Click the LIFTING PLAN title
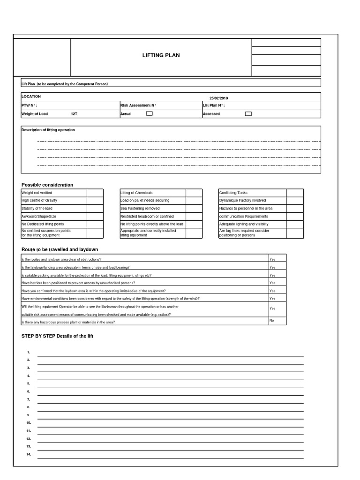[161, 55]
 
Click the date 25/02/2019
[219, 98]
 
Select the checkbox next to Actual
[149, 113]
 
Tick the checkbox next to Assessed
[248, 113]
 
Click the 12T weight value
[74, 114]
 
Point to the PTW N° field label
[30, 106]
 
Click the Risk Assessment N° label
[138, 106]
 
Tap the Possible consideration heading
[47, 185]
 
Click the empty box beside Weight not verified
[95, 193]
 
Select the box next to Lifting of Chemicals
[194, 193]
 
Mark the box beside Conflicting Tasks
[294, 193]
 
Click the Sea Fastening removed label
[140, 208]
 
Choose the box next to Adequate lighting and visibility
[294, 224]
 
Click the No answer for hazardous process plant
[272, 321]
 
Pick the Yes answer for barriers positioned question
[272, 283]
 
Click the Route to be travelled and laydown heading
[60, 249]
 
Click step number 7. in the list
[29, 399]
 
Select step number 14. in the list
[29, 454]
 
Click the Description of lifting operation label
[48, 130]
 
